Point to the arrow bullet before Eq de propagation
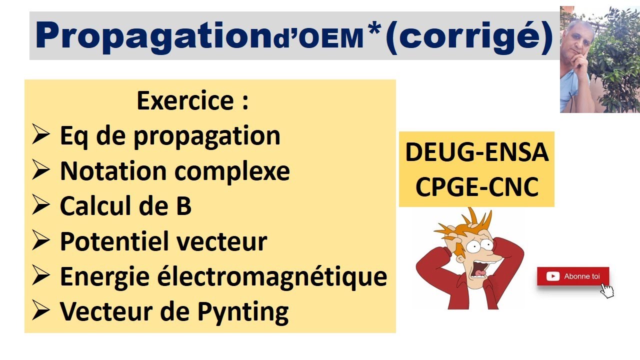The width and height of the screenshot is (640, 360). [40, 135]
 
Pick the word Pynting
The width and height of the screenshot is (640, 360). [243, 312]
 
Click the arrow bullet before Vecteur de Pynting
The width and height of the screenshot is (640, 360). [40, 311]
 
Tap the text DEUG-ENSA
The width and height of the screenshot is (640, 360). [476, 152]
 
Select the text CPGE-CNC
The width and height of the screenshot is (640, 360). [476, 187]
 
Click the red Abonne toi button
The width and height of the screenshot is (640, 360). [573, 276]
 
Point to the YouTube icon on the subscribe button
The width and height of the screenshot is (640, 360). [553, 276]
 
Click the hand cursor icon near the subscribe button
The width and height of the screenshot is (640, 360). [606, 290]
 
